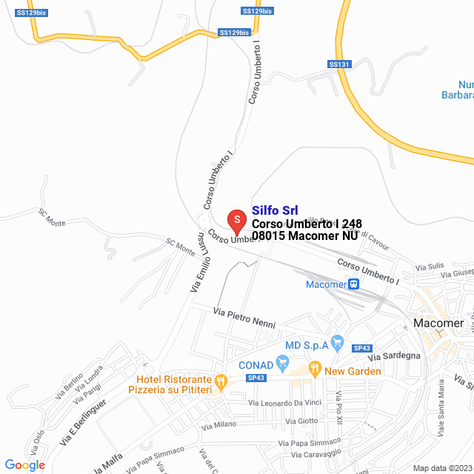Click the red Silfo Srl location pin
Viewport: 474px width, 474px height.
(x=236, y=219)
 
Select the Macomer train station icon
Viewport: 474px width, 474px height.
(x=355, y=284)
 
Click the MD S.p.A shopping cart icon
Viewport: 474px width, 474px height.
(x=338, y=342)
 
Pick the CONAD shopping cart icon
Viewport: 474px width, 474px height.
(x=281, y=362)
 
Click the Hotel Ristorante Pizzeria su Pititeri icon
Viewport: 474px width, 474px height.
(x=220, y=382)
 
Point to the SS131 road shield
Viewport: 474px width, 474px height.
(x=338, y=64)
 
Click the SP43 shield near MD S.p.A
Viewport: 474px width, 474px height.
(x=362, y=348)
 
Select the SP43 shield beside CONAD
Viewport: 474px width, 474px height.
(x=256, y=378)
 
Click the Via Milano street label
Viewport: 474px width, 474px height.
(x=220, y=424)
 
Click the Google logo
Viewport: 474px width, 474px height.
(x=25, y=464)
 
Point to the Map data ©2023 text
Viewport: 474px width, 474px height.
(x=441, y=468)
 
